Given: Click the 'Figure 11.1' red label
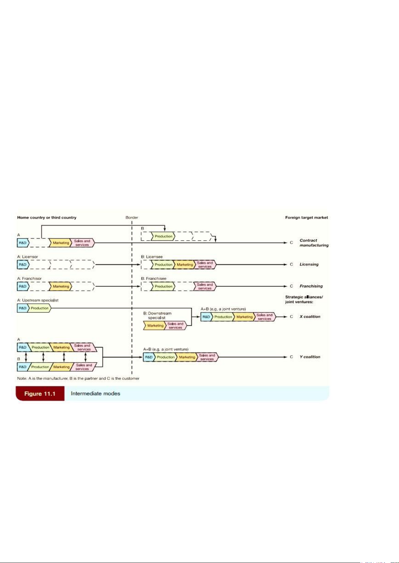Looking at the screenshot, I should coord(40,394).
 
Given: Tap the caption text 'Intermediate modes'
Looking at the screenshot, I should coord(95,394).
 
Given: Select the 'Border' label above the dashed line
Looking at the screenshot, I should coord(132,218).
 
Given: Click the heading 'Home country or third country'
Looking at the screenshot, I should coord(47,218).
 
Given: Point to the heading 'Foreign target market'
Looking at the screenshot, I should coord(306,218).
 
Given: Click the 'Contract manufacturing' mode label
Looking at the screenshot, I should coord(314,243).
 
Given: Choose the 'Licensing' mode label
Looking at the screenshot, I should coord(309,264).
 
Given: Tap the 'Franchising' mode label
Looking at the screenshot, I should coord(311,286).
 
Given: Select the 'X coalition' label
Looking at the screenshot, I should coord(310,316).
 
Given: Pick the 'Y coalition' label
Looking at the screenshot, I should coord(310,357).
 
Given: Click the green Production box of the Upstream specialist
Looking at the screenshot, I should coord(39,308).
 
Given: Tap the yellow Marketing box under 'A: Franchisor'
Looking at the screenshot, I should coord(61,286).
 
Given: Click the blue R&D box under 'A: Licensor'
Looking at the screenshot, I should coord(23,265).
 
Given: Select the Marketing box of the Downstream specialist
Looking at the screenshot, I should coord(155,325).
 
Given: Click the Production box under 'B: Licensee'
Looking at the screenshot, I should coord(163,265).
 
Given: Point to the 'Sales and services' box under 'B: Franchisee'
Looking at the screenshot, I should coord(204,286).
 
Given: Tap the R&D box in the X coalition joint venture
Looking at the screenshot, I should coord(206,317).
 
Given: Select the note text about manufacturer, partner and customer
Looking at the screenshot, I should coord(78,379).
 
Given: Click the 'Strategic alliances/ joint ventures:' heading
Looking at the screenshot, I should coord(304,299).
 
